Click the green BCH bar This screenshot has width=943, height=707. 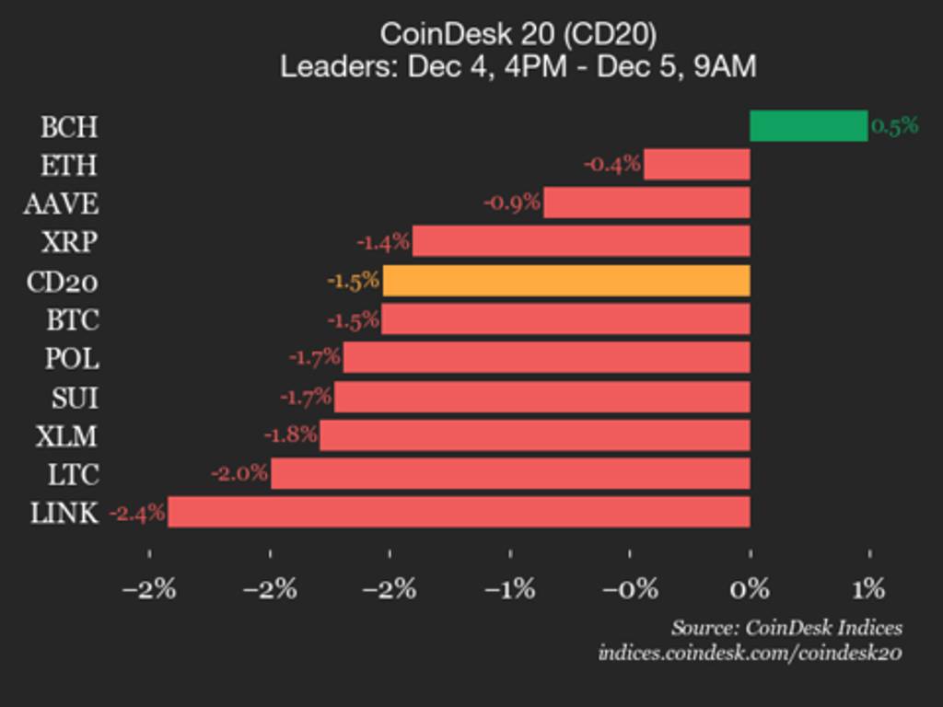coord(809,126)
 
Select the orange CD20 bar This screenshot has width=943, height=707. coord(566,281)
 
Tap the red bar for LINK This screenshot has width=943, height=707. coord(459,512)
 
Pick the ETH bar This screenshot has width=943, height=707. coord(696,165)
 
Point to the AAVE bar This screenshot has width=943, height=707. coord(646,203)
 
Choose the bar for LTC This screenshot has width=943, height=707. coord(510,473)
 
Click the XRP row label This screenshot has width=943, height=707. coord(70,242)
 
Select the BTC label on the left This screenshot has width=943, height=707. coord(73,319)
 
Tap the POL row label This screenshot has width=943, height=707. coord(72,358)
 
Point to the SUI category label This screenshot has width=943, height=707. coord(75,397)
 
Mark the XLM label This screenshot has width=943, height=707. coord(66,435)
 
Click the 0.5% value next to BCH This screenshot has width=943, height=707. coord(894,126)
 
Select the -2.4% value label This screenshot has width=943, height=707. coord(137,513)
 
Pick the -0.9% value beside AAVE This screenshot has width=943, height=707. coord(512,203)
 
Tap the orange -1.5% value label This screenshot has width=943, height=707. coord(353,281)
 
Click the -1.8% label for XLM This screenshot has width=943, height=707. coord(290,435)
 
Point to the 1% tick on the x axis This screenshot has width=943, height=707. coord(868,588)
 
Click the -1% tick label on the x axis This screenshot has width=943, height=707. coord(510,588)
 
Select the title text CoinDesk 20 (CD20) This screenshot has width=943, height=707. coord(518,34)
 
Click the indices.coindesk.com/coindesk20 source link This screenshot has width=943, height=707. coord(750,653)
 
